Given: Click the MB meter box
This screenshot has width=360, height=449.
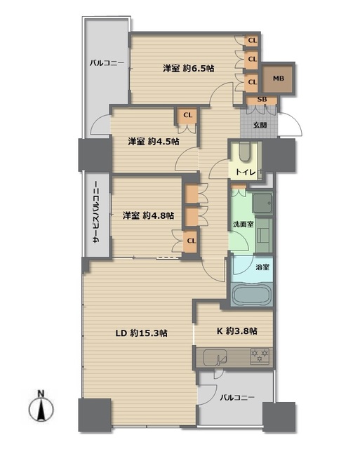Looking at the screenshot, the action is [278, 78].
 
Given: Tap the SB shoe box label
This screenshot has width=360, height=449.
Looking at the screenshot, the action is [262, 100].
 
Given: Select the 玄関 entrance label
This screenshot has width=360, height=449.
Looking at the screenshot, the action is [260, 125].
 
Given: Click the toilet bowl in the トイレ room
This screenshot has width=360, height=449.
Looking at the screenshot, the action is [244, 152].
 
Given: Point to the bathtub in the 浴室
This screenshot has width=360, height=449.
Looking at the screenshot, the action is [252, 295].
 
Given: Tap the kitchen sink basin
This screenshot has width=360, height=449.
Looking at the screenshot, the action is [215, 357].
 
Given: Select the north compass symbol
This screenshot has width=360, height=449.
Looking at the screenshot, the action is [41, 408].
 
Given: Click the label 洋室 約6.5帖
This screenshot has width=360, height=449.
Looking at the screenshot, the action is [189, 69].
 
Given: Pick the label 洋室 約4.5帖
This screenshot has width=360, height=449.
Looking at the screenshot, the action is [154, 141].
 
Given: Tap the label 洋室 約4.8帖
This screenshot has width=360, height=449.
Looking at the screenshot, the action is [148, 215].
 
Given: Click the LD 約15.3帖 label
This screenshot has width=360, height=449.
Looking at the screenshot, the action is [142, 333].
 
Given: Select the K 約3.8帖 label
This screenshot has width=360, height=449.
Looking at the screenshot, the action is [237, 331].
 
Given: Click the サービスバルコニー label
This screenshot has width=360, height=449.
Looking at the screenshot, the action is [96, 213].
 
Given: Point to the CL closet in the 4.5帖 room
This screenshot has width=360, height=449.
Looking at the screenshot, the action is [187, 115].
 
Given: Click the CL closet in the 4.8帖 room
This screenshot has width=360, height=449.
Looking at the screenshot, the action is [191, 241].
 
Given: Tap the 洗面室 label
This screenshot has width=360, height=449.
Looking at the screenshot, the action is [243, 224].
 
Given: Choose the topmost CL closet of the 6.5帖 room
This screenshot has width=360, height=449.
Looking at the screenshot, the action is [252, 41].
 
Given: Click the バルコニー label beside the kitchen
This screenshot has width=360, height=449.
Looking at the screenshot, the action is [237, 398].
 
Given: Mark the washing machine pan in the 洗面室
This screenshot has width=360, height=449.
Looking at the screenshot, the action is [262, 203].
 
